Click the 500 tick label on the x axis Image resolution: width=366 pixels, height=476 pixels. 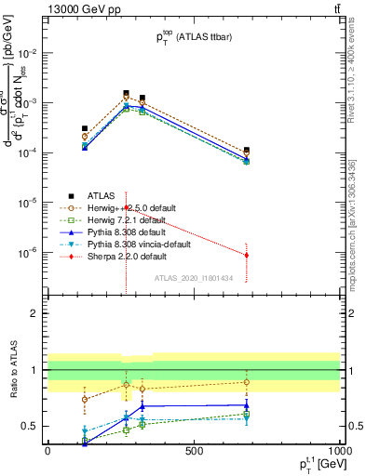pyautogui.click(x=194, y=452)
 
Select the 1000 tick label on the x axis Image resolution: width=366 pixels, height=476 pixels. pyautogui.click(x=338, y=452)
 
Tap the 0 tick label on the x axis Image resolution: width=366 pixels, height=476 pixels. pyautogui.click(x=47, y=452)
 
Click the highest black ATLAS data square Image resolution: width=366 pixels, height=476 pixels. pyautogui.click(x=126, y=93)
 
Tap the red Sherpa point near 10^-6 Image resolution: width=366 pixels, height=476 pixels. pyautogui.click(x=247, y=255)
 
